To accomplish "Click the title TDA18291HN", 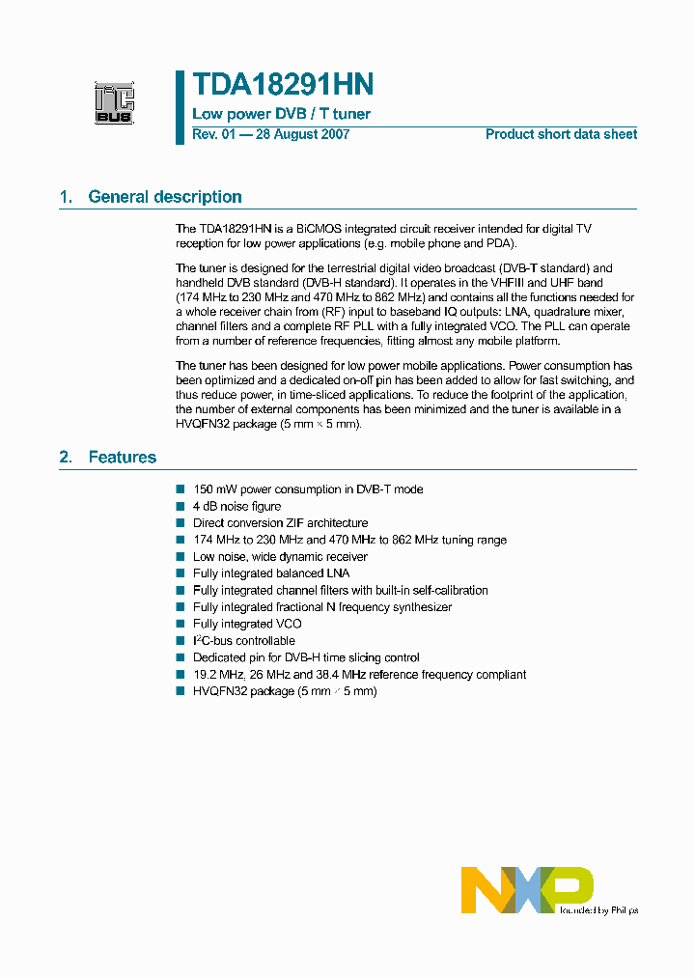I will [x=283, y=85].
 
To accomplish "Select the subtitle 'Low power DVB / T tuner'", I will [x=281, y=114].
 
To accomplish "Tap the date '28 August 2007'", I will [x=301, y=134].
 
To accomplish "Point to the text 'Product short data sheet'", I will [x=561, y=134].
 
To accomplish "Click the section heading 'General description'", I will [x=164, y=197].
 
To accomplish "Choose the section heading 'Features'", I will [x=122, y=457].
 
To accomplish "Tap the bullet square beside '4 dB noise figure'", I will [x=181, y=507].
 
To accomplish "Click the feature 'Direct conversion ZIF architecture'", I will [x=280, y=523].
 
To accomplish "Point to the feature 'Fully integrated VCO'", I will [x=247, y=624].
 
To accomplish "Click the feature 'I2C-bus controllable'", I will [x=244, y=641].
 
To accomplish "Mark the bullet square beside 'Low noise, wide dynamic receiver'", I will [x=181, y=557].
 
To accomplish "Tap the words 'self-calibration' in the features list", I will [x=449, y=590].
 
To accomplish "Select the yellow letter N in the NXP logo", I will [x=483, y=889].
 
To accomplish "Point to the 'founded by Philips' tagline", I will [x=597, y=909].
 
